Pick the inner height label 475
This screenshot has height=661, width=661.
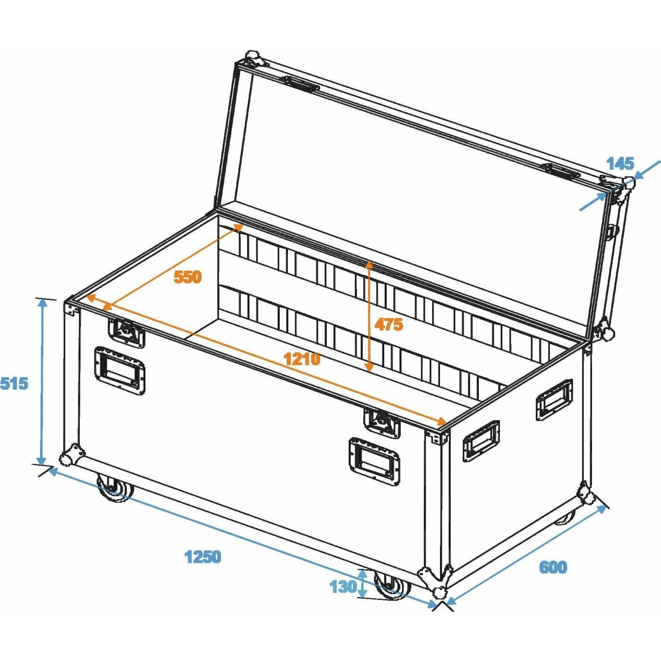click(x=388, y=324)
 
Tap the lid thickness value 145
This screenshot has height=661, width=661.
click(x=621, y=164)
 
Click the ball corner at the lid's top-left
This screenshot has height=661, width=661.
click(x=253, y=57)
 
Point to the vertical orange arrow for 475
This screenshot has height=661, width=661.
click(x=369, y=316)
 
